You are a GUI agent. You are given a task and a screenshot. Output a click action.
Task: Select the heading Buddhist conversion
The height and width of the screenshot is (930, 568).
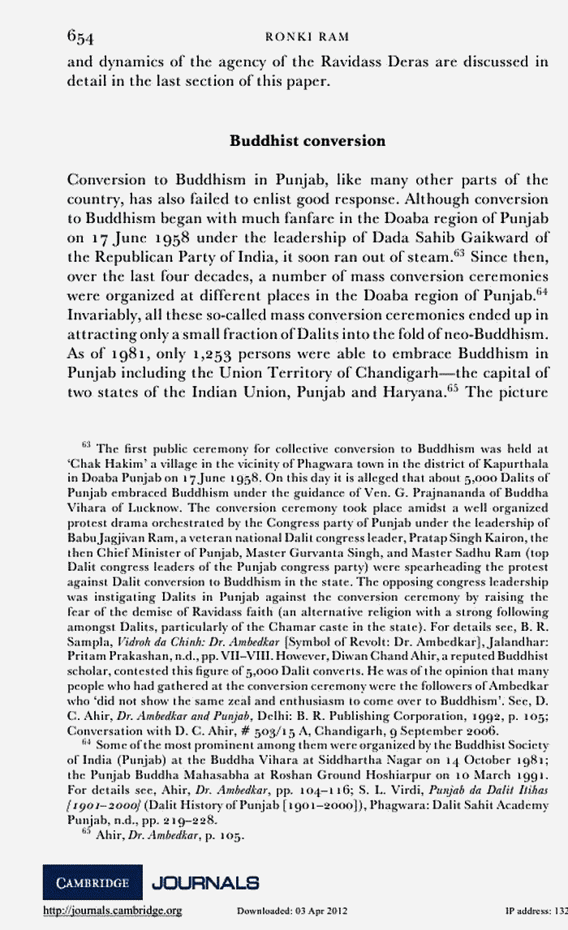[308, 141]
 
